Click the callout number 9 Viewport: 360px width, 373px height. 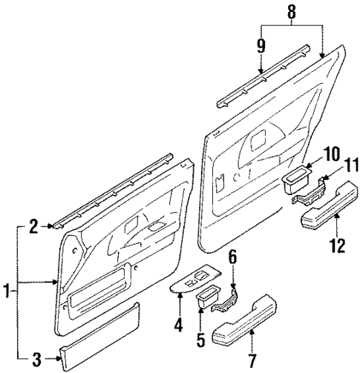(261, 45)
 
